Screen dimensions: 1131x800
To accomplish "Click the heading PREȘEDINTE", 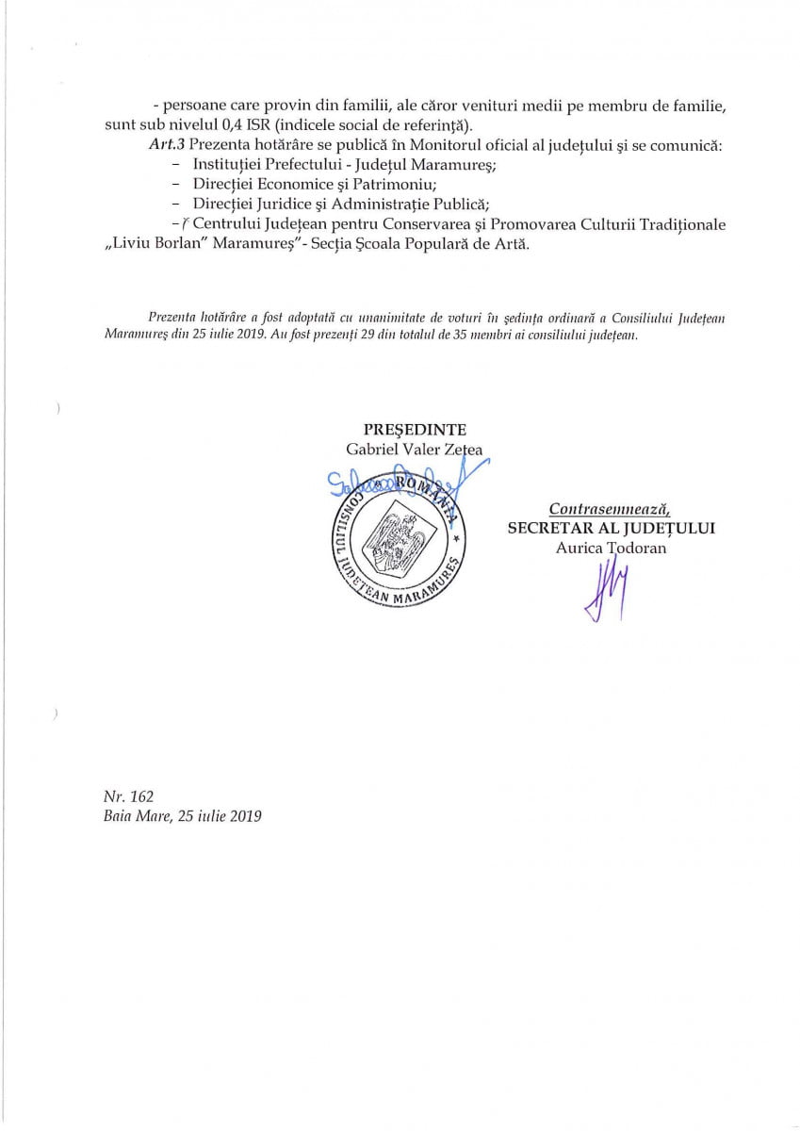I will [x=415, y=430].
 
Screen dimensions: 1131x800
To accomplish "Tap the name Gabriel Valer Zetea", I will [x=415, y=450].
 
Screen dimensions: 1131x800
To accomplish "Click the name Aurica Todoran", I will [x=611, y=548].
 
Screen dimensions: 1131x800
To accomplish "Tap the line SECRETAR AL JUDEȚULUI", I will [x=611, y=528].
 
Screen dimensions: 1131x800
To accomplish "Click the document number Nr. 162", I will [x=122, y=796].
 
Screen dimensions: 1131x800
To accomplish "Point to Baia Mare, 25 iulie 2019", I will [x=183, y=816].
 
